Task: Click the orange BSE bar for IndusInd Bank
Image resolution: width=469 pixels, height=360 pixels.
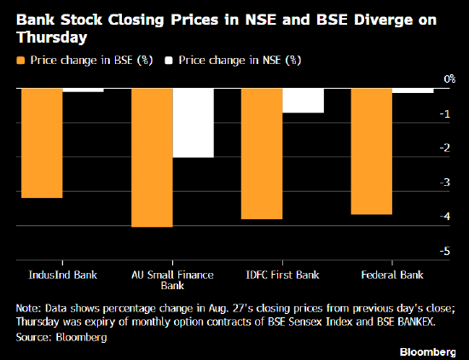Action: coord(42,143)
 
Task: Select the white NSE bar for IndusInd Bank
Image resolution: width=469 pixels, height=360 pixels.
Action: coord(84,90)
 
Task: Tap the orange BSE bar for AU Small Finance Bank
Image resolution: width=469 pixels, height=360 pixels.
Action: coord(152,158)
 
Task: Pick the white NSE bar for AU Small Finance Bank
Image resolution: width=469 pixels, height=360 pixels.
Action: coord(194,123)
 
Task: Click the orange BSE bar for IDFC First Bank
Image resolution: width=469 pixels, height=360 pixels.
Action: coord(262,154)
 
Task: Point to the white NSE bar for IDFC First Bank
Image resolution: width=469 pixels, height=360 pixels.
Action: coord(303,101)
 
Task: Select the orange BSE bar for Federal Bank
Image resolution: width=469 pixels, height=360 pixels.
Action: coord(372,151)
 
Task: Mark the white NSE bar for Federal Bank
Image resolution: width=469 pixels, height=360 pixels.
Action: coord(413,90)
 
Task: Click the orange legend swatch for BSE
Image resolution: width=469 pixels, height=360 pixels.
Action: coord(20,61)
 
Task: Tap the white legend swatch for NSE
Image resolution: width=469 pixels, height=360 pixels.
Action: coord(169,61)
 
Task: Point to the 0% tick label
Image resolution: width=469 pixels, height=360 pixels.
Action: coord(449,79)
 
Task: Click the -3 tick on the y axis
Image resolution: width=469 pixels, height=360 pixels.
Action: coord(445,182)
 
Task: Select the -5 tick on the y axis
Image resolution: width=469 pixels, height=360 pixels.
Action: coord(445,251)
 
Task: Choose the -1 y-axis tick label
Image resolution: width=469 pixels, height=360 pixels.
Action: coord(445,113)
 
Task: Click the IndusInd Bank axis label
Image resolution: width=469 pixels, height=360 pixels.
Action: coord(63,275)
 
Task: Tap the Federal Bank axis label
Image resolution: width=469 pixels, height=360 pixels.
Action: coord(392,275)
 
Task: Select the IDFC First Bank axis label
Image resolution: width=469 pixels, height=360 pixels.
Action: coord(282,275)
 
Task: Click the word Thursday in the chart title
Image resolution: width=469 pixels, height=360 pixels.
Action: coord(52,37)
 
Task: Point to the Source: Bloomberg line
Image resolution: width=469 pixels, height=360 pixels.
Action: coord(61,337)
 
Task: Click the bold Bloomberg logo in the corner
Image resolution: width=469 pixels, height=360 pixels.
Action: coord(428,351)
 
